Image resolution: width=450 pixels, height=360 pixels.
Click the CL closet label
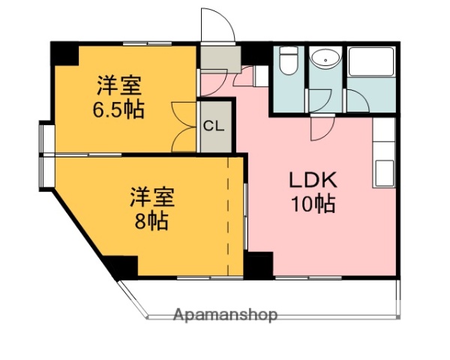point(214,125)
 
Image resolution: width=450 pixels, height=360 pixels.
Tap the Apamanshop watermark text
point(225,315)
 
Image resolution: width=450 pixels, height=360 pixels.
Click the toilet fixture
point(289,61)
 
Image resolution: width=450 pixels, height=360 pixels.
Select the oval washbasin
point(325,59)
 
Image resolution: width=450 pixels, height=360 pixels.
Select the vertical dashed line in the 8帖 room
point(228,217)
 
